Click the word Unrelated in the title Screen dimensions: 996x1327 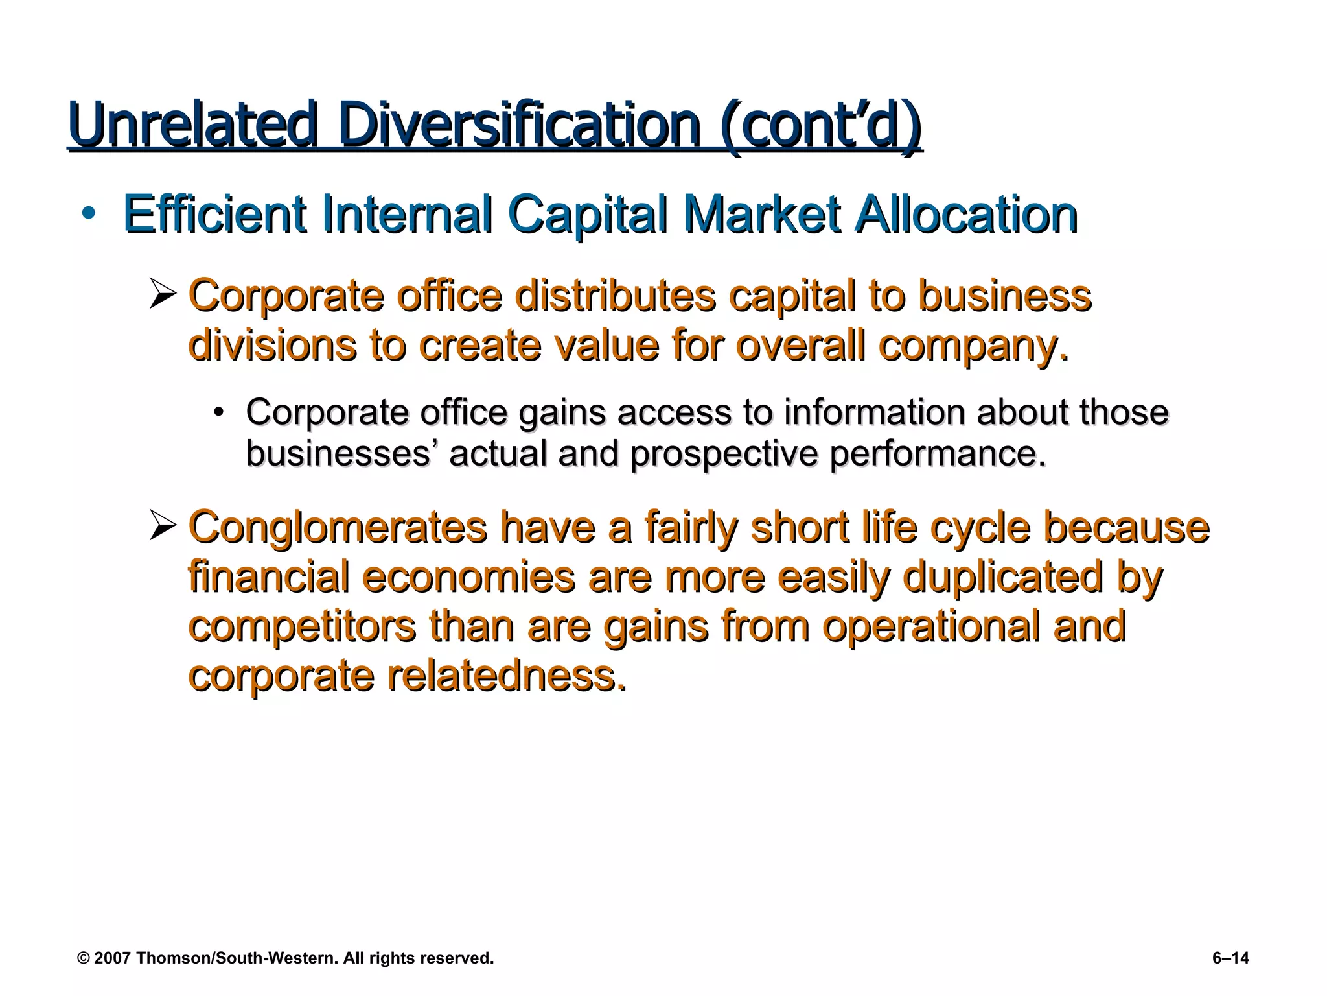pos(192,124)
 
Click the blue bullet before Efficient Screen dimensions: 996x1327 pos(89,214)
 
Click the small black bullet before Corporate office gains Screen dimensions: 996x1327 pos(220,413)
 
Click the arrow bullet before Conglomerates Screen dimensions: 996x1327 pos(163,526)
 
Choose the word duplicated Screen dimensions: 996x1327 pos(1002,576)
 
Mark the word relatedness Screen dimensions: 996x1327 pos(507,676)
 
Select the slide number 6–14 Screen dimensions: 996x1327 pos(1230,958)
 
